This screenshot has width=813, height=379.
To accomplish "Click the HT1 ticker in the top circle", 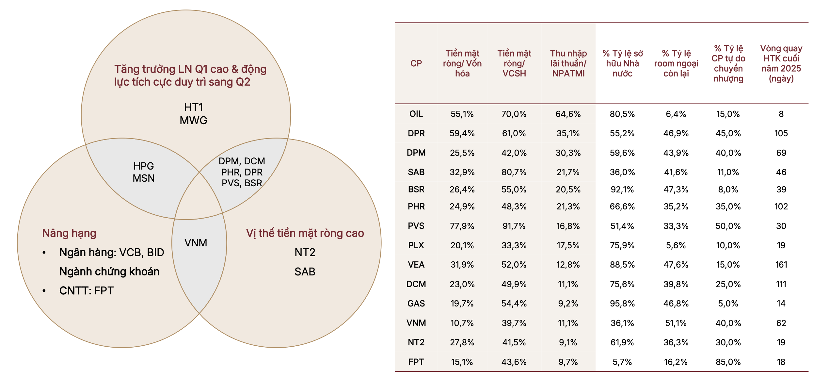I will pyautogui.click(x=194, y=107).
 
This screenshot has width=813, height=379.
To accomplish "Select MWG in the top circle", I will pyautogui.click(x=193, y=120).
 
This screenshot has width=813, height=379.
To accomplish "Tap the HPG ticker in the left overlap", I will pyautogui.click(x=143, y=166).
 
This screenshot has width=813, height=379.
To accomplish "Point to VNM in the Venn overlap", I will pyautogui.click(x=196, y=243).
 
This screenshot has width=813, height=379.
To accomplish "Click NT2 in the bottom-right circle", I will pyautogui.click(x=305, y=252).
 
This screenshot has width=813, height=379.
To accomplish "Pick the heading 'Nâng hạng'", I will pyautogui.click(x=69, y=233).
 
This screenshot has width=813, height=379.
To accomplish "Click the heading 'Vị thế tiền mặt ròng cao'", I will pyautogui.click(x=305, y=233).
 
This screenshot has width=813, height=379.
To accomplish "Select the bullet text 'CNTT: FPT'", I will pyautogui.click(x=86, y=290).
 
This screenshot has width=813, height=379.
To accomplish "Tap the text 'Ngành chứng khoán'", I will pyautogui.click(x=109, y=272).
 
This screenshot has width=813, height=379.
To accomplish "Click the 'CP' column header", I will pyautogui.click(x=416, y=63).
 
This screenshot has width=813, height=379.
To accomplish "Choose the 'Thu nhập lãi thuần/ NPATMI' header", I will pyautogui.click(x=568, y=63).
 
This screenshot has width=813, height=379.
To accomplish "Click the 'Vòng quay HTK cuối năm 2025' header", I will pyautogui.click(x=781, y=63).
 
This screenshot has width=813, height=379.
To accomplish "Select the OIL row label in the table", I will pyautogui.click(x=416, y=114).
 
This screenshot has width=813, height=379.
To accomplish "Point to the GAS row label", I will pyautogui.click(x=416, y=304).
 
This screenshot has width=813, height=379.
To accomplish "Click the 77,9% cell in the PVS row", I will pyautogui.click(x=462, y=226).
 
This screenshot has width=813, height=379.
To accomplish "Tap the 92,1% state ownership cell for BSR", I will pyautogui.click(x=622, y=189).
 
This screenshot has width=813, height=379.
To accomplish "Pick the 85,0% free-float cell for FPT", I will pyautogui.click(x=728, y=362).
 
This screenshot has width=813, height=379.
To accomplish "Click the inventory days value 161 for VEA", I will pyautogui.click(x=781, y=265).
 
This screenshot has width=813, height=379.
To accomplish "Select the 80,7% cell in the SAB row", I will pyautogui.click(x=514, y=172).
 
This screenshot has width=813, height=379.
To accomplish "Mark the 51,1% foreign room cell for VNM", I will pyautogui.click(x=676, y=323).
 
